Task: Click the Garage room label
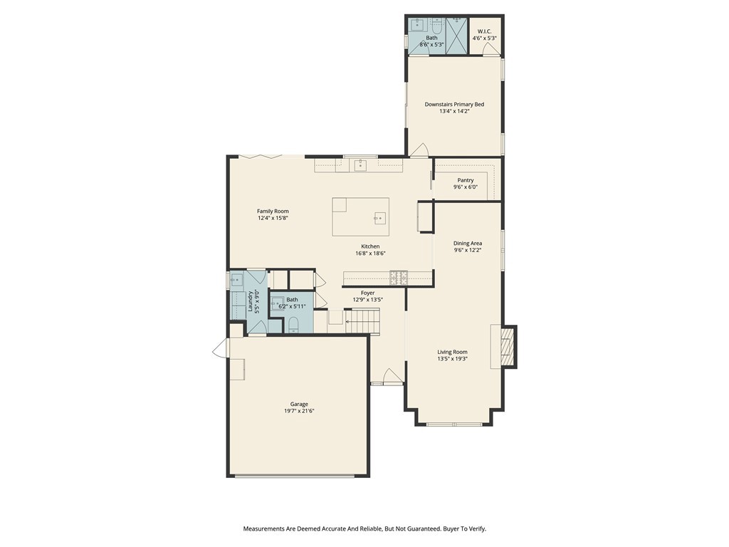(299, 404)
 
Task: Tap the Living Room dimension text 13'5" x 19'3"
(452, 359)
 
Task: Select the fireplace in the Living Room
(508, 347)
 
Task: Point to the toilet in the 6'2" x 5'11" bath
(293, 325)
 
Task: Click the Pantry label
(466, 180)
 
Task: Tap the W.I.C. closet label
(485, 31)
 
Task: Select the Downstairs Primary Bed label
(454, 104)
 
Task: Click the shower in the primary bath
(456, 33)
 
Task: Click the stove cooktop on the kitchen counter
(399, 276)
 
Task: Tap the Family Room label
(273, 211)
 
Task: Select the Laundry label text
(249, 302)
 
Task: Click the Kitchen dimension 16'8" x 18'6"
(370, 254)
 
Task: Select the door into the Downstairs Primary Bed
(420, 150)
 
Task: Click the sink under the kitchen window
(360, 165)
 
